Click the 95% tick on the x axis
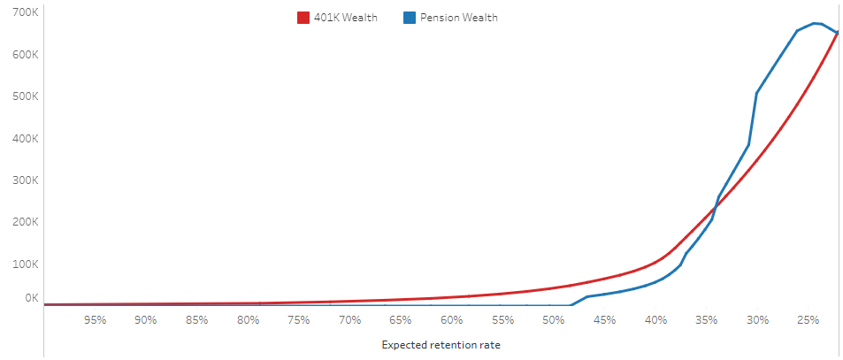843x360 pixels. click(95, 319)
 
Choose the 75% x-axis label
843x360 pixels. click(299, 319)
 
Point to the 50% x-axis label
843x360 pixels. click(554, 319)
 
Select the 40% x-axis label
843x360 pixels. click(655, 319)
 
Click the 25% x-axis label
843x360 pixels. click(808, 319)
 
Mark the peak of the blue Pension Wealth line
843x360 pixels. click(815, 23)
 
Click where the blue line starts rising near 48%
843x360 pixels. click(571, 305)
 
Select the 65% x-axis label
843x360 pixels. click(401, 319)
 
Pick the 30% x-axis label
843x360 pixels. click(757, 319)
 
